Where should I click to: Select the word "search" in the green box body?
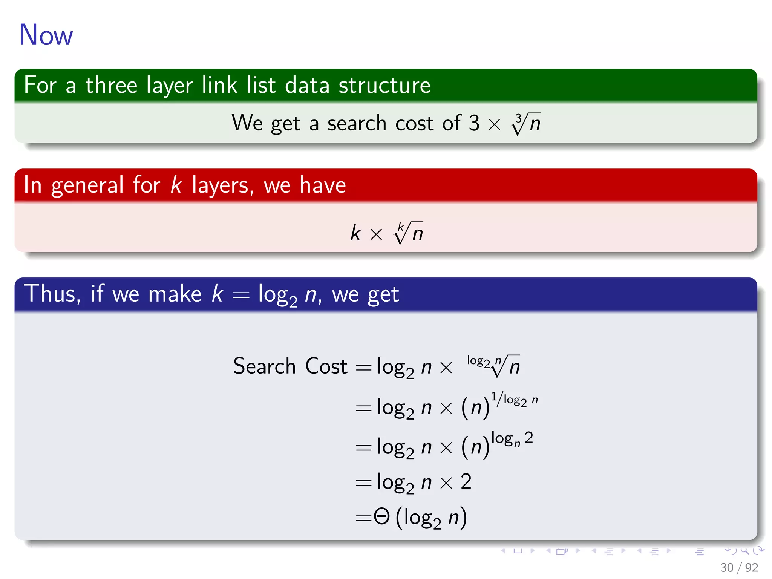click(357, 123)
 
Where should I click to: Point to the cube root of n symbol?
click(526, 123)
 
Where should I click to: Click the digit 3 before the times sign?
click(474, 123)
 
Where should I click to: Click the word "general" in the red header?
click(87, 185)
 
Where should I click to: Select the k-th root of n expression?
click(408, 233)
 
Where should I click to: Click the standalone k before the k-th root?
click(355, 233)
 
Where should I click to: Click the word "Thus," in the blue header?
click(52, 294)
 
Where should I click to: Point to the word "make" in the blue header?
click(175, 294)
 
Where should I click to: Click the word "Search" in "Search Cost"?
click(264, 366)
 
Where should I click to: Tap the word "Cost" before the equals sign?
click(326, 366)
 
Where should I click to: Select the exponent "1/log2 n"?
click(514, 400)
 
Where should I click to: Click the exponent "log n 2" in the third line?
click(512, 438)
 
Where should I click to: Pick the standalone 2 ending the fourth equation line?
click(466, 481)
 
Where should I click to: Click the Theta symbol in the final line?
click(381, 516)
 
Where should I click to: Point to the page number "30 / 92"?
click(739, 567)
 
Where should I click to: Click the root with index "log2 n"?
click(494, 365)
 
